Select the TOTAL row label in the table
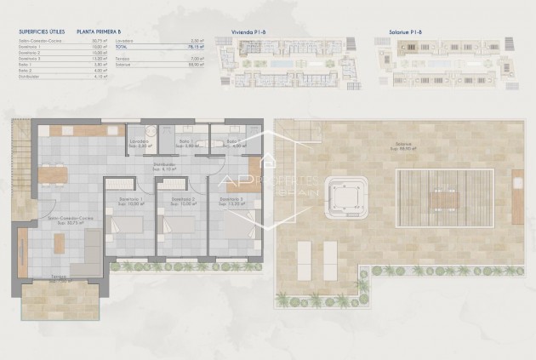(x=147, y=45)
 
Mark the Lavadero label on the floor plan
(x=140, y=140)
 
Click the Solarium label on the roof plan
(x=402, y=145)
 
